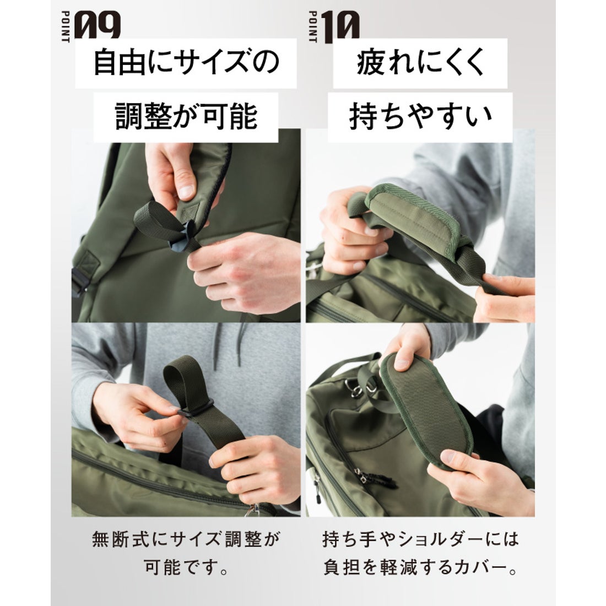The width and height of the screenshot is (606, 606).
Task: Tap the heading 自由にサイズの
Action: click(x=186, y=62)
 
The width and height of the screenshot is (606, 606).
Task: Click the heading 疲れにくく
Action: click(x=420, y=62)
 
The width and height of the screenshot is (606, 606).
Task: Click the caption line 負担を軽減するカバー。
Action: click(x=420, y=568)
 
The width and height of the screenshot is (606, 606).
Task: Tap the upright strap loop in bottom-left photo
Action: click(x=182, y=380)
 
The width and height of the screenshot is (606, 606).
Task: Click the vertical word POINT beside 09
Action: click(x=66, y=28)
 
